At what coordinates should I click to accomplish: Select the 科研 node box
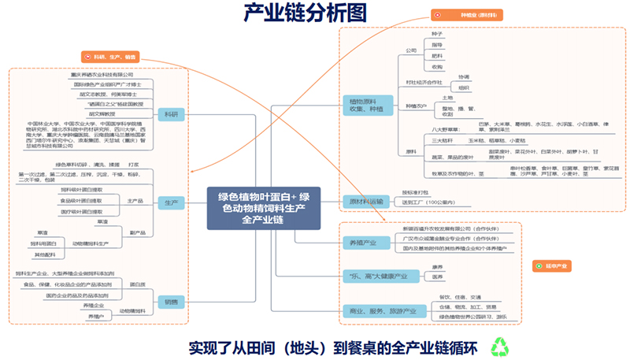pos(169,114)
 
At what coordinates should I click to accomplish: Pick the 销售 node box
pos(170,302)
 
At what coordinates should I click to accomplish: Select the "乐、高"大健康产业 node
pos(376,276)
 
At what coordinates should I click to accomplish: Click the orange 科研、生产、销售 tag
pos(110,57)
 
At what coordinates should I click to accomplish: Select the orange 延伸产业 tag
pos(554,266)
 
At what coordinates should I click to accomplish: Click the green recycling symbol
pos(501,347)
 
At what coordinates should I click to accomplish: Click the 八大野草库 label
pos(446,128)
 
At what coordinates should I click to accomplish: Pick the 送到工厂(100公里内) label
pos(428,202)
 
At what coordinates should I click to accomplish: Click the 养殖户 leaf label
pos(95,316)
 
